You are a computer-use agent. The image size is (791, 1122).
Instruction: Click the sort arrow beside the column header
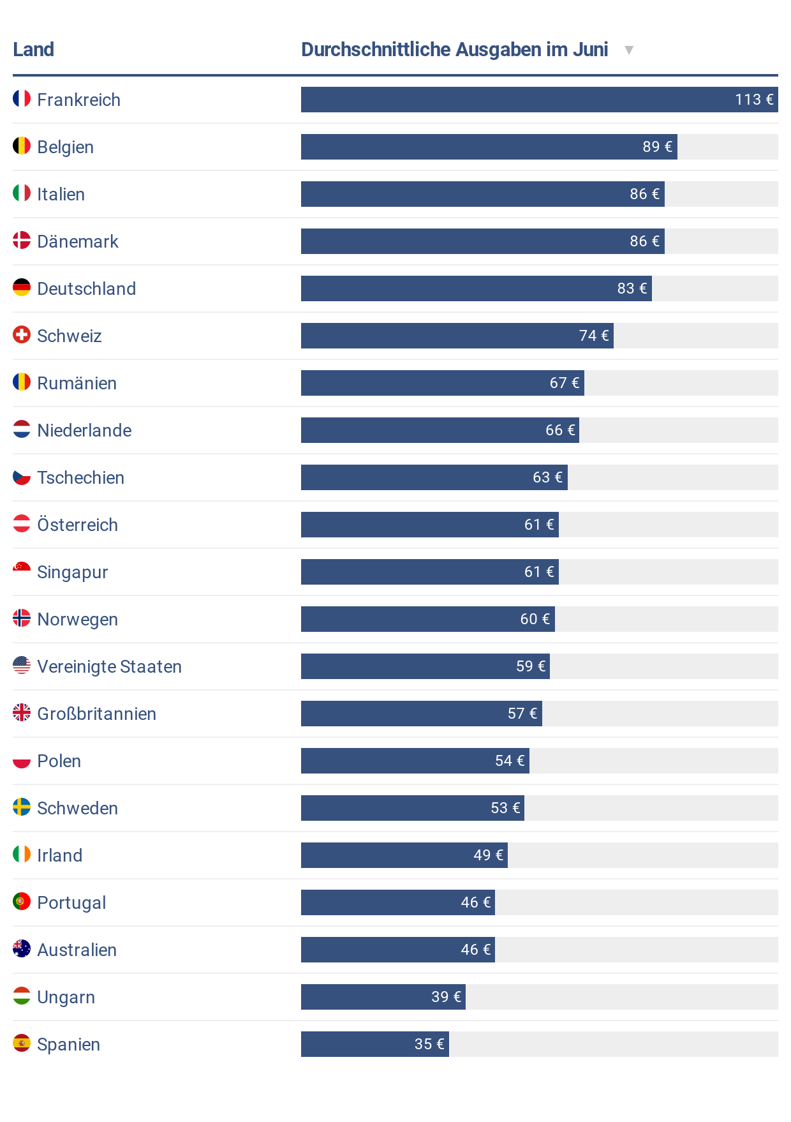(628, 50)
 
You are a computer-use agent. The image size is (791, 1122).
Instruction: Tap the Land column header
(33, 50)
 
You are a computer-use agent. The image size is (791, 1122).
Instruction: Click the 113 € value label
(753, 100)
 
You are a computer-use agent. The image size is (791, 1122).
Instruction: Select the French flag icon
(22, 98)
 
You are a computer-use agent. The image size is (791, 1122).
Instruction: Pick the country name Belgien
(65, 147)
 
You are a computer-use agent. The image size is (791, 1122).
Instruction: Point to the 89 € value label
(657, 147)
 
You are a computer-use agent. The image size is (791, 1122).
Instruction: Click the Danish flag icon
(22, 240)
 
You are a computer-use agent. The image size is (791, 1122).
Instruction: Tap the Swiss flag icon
(22, 334)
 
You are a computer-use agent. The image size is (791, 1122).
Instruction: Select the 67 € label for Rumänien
(564, 383)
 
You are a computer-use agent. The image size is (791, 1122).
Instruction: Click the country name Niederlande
(84, 431)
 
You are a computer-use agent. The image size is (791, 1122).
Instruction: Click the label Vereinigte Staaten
(109, 667)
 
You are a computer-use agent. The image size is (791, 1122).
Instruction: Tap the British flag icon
(22, 712)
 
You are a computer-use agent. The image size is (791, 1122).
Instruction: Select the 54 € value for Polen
(509, 761)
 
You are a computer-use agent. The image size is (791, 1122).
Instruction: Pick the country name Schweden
(77, 809)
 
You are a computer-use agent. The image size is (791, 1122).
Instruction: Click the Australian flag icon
(22, 948)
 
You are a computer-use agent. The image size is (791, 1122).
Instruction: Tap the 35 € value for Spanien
(429, 1044)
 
